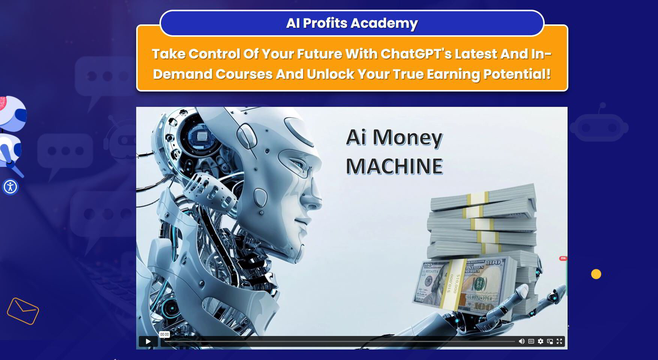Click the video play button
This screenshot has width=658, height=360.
coord(148,341)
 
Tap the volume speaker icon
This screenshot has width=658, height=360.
coord(521,341)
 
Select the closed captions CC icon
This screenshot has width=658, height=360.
coord(531,341)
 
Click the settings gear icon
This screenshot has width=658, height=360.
coord(541,341)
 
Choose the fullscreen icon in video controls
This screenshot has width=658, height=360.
coord(559,341)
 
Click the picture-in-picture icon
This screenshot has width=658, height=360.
coord(550,341)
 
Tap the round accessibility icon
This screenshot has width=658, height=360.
coord(11,187)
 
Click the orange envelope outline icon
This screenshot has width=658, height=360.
coord(23,311)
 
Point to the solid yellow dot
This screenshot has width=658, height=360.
coord(596,274)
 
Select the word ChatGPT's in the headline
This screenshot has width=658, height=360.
coord(416,54)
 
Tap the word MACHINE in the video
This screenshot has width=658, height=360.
coord(394,166)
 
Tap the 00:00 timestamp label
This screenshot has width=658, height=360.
coord(164,334)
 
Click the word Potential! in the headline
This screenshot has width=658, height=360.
coord(517,74)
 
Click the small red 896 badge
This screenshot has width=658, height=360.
coord(563,258)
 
